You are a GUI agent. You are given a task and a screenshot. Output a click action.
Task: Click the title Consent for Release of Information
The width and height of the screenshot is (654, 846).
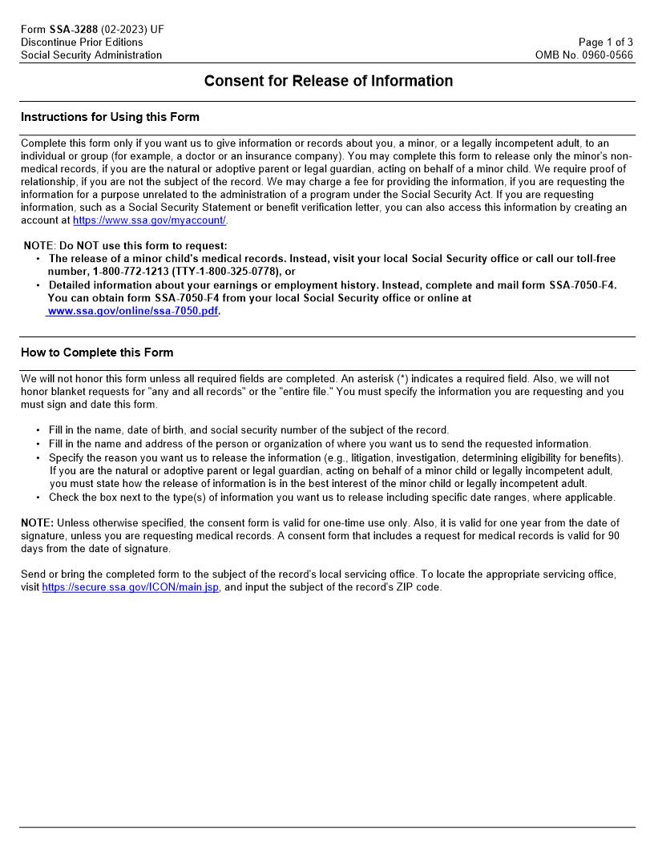click(328, 81)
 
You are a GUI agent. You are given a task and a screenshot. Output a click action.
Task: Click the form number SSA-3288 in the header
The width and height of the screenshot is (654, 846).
click(73, 30)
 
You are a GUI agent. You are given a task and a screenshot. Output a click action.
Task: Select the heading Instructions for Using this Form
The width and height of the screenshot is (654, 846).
click(110, 117)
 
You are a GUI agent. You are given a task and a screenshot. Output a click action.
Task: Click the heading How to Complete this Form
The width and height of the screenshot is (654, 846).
click(96, 352)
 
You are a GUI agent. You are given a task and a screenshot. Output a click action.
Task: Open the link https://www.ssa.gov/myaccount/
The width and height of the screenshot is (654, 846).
click(150, 220)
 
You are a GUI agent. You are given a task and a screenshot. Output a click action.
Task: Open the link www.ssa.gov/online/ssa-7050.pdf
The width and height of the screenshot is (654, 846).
click(132, 311)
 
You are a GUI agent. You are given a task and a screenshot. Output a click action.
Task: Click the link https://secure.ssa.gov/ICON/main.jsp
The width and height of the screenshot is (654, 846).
click(130, 586)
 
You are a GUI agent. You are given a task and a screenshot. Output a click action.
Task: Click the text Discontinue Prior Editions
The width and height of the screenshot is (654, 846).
click(82, 42)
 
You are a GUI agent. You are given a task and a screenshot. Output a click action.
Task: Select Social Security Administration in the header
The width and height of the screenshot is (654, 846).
click(91, 55)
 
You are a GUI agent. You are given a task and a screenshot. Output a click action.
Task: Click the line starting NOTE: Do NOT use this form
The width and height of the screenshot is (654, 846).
click(125, 246)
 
